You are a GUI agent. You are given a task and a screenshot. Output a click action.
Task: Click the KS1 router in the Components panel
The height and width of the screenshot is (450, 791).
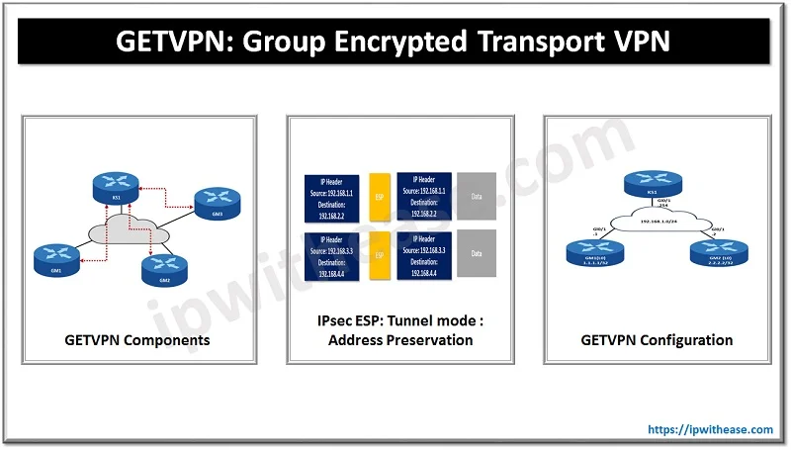click(116, 185)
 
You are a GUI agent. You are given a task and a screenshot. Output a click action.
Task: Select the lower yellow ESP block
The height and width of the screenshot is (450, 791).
click(380, 254)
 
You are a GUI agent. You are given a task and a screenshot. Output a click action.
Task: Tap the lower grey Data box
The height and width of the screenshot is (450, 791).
click(477, 254)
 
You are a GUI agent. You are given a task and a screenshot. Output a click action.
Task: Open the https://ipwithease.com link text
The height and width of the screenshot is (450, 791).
click(711, 430)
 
